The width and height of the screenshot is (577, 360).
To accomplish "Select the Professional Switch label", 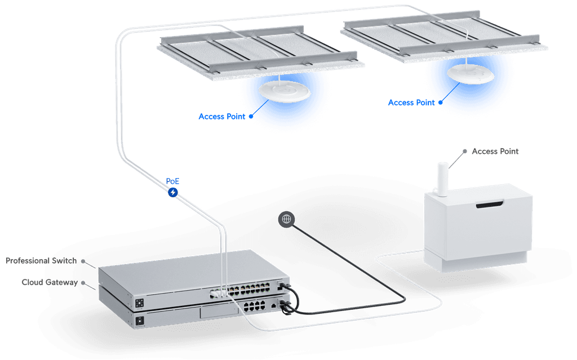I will click(x=42, y=261).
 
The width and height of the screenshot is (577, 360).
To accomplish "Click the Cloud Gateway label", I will click(x=49, y=282).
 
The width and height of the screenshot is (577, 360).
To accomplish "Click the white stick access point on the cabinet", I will click(x=443, y=179).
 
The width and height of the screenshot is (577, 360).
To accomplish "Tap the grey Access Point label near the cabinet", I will click(x=495, y=152).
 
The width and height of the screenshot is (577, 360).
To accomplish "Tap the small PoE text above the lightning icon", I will click(x=172, y=182).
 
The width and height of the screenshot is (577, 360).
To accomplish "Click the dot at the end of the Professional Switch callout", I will click(x=83, y=261).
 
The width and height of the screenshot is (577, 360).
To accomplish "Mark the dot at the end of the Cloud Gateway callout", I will click(x=83, y=282).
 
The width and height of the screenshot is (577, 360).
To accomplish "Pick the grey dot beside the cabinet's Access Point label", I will click(x=465, y=151).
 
